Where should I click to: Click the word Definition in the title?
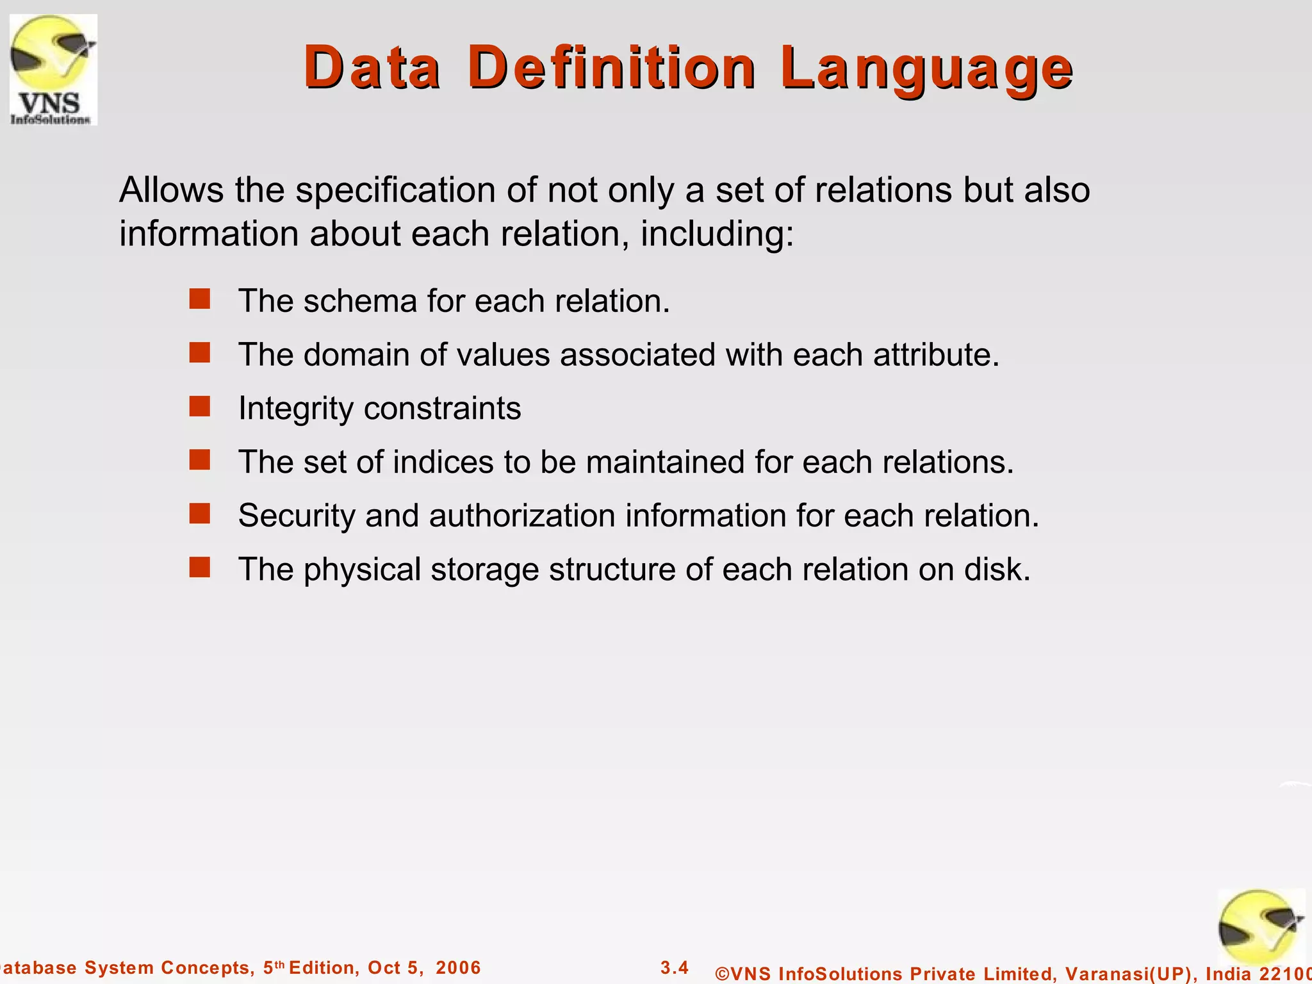[612, 67]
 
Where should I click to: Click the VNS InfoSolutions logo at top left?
[53, 69]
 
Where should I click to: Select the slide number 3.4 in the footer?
[675, 967]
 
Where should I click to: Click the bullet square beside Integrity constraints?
[200, 406]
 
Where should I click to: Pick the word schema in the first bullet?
[360, 301]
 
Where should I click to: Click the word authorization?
[521, 516]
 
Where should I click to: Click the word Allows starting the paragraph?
[172, 190]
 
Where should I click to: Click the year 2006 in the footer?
[458, 968]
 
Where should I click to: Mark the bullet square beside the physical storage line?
[200, 567]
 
